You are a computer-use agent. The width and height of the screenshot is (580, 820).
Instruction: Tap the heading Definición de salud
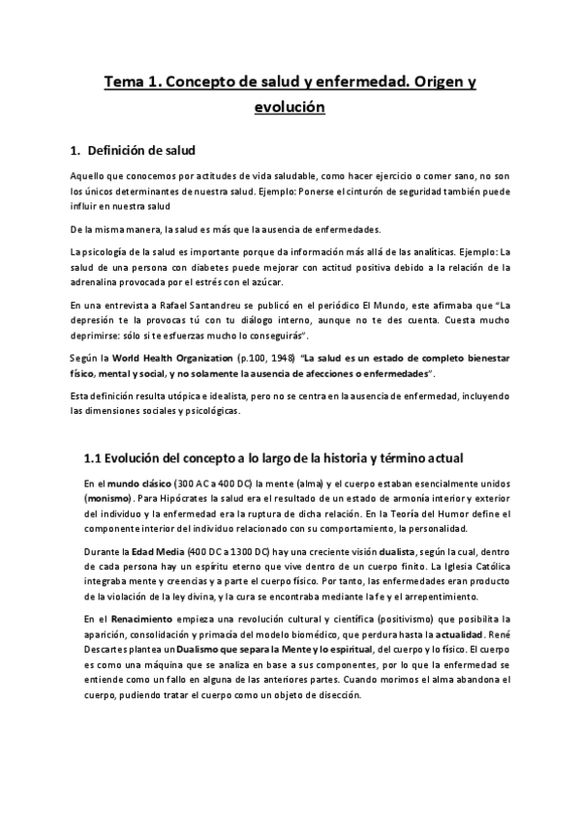[141, 152]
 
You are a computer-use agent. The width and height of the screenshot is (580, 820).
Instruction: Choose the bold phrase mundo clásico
[138, 483]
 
